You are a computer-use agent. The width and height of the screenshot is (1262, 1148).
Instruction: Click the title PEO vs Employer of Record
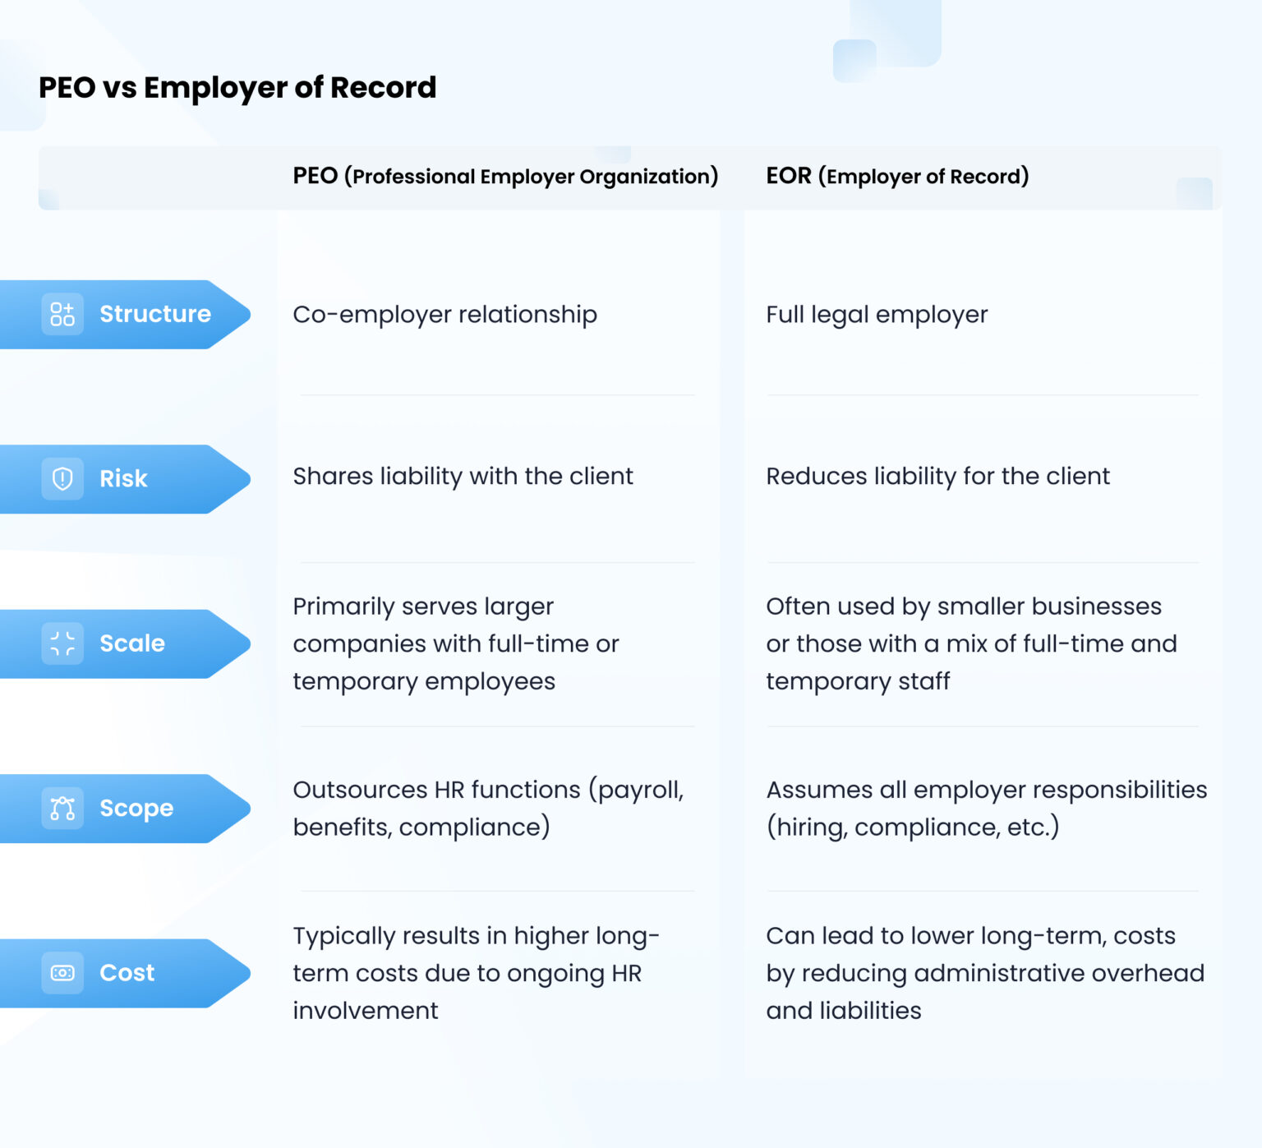click(x=237, y=87)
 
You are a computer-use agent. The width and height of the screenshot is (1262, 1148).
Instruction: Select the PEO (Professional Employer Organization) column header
click(x=505, y=176)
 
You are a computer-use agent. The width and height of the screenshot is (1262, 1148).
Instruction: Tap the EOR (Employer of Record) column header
click(x=897, y=176)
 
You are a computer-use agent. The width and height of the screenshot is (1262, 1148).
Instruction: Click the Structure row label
click(x=155, y=314)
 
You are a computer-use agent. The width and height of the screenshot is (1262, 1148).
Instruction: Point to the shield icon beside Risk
click(x=62, y=478)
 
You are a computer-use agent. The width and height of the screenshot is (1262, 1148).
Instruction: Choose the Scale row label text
click(x=132, y=643)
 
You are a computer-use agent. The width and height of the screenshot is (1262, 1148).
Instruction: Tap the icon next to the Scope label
click(x=62, y=809)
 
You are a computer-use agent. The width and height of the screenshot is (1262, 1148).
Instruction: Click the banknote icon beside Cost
click(x=62, y=973)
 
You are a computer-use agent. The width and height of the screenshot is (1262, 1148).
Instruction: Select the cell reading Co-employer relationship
click(x=444, y=315)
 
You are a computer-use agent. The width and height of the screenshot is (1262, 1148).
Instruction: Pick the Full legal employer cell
click(x=877, y=315)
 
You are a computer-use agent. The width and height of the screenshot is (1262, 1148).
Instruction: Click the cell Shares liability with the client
click(x=463, y=477)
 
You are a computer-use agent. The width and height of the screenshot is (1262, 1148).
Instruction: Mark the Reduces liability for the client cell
click(x=937, y=477)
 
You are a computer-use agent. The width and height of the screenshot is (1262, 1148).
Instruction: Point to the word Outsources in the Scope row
click(x=359, y=790)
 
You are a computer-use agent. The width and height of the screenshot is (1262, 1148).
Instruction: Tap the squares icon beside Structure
click(x=62, y=314)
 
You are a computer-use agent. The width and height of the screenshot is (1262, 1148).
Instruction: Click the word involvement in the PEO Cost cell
click(x=366, y=1011)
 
